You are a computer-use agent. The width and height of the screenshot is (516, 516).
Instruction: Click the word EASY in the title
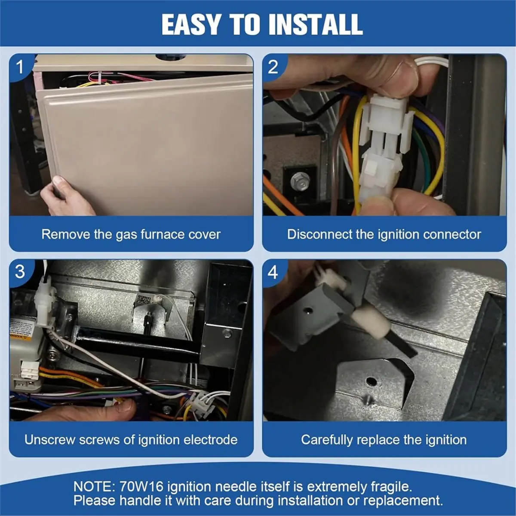(x=190, y=25)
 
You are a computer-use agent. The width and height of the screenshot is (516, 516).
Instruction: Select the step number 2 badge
(x=273, y=67)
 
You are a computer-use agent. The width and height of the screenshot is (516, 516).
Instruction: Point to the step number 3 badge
(x=20, y=272)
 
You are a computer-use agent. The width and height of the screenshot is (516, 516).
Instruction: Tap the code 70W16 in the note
(x=141, y=486)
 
